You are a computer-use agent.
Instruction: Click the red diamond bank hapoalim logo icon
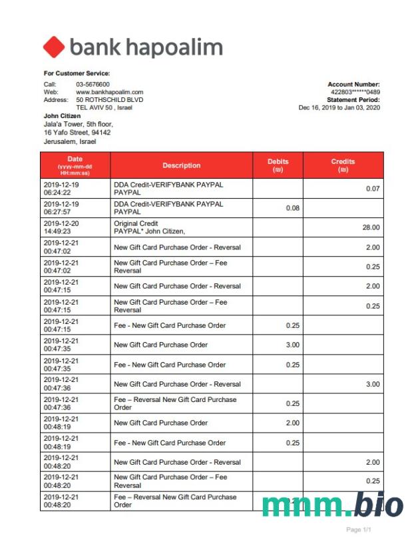tap(54, 47)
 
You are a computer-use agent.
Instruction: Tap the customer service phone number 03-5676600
tap(93, 84)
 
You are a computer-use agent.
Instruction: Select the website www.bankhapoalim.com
tap(110, 92)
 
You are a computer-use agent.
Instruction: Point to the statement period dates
tap(339, 107)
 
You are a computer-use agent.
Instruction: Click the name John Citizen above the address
tap(62, 116)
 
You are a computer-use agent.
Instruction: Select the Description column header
tap(181, 165)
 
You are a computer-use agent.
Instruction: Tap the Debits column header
tap(278, 165)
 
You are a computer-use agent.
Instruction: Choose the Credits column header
tap(343, 165)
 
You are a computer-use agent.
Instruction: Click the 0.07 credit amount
tap(373, 189)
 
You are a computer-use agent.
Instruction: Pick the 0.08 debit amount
tap(293, 208)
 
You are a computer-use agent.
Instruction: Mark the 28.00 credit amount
tap(371, 227)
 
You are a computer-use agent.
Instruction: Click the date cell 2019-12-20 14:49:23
tap(61, 227)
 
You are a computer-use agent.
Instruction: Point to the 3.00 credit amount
tap(373, 384)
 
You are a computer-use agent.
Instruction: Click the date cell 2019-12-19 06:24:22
tap(61, 189)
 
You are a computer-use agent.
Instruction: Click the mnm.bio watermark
tap(332, 506)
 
